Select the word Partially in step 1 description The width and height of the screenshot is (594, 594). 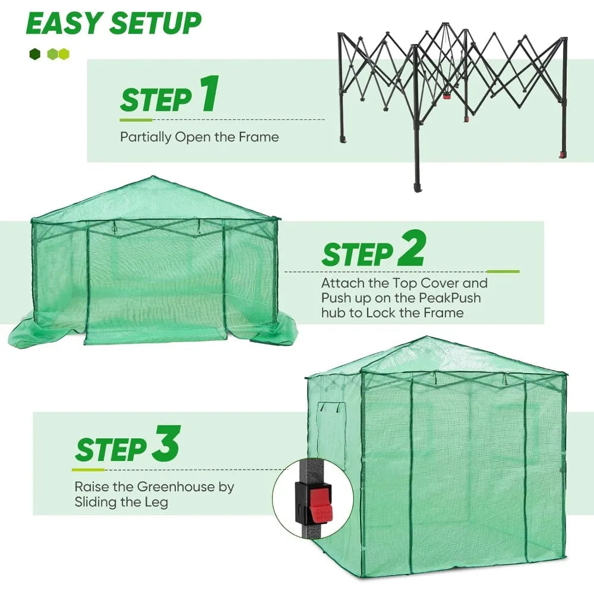tap(145, 137)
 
